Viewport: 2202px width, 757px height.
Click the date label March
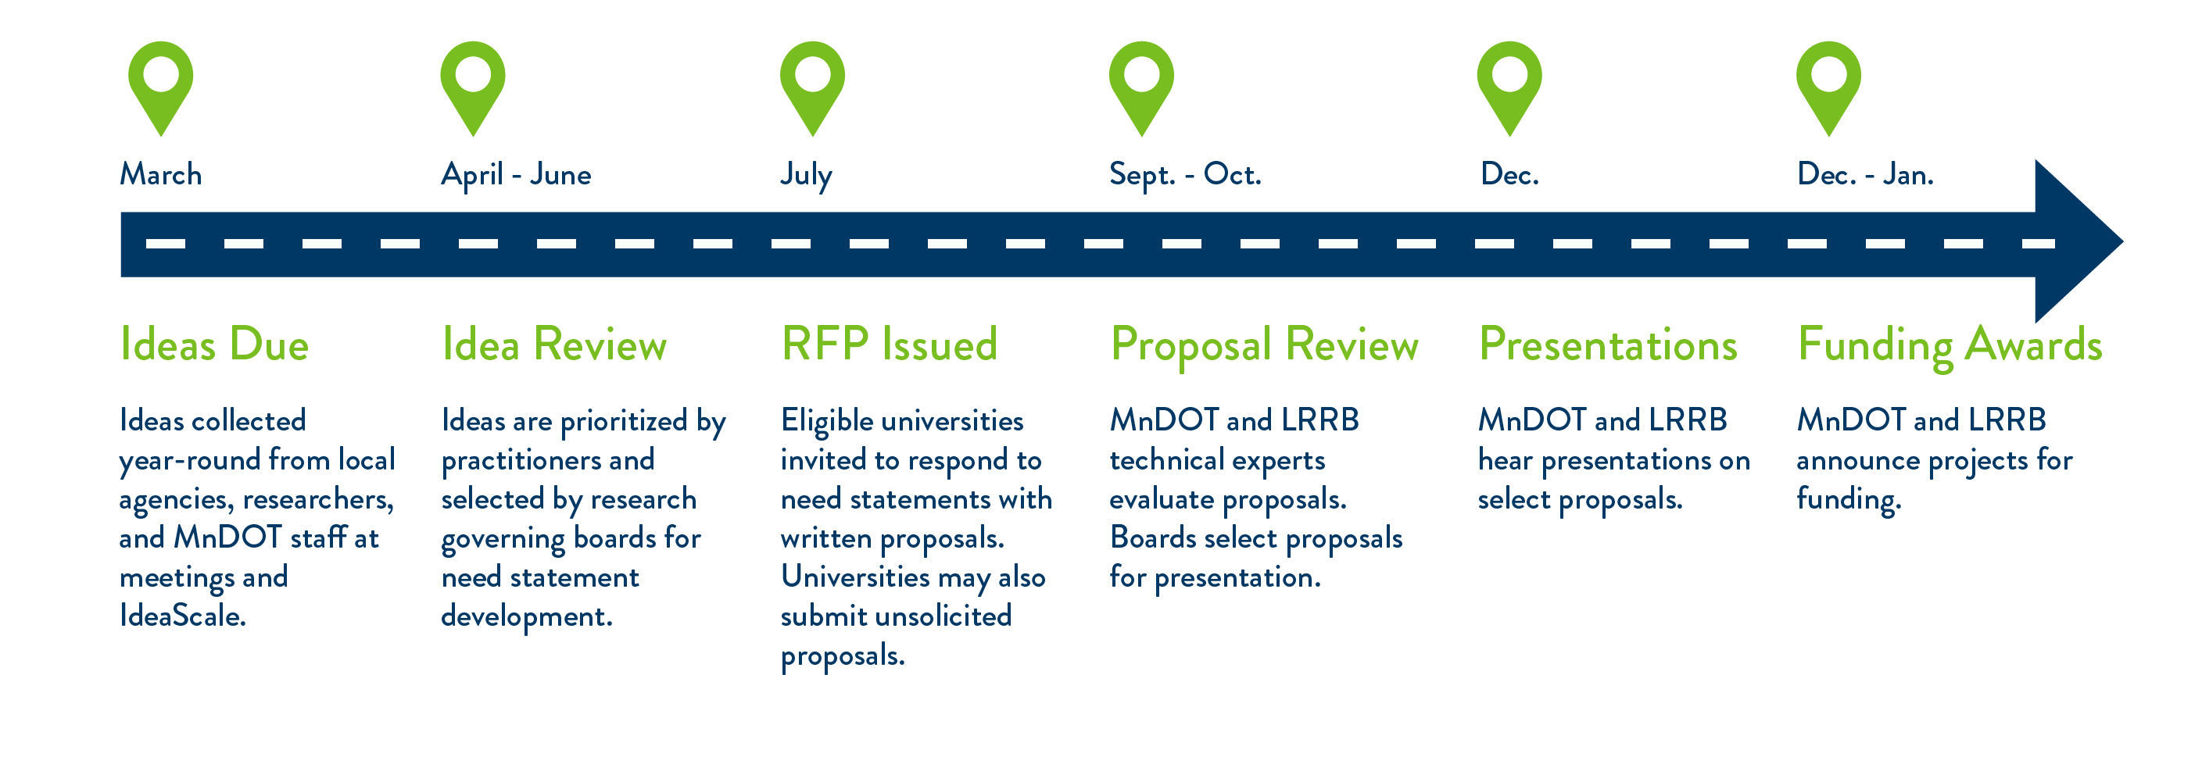point(161,174)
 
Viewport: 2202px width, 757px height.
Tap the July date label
point(806,176)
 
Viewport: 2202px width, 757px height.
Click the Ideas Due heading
point(214,345)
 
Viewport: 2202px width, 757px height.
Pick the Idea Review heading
point(554,345)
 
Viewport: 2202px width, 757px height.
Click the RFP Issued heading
point(889,345)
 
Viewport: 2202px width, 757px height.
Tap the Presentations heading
point(1608,345)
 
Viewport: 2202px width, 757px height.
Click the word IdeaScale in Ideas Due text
point(183,615)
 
